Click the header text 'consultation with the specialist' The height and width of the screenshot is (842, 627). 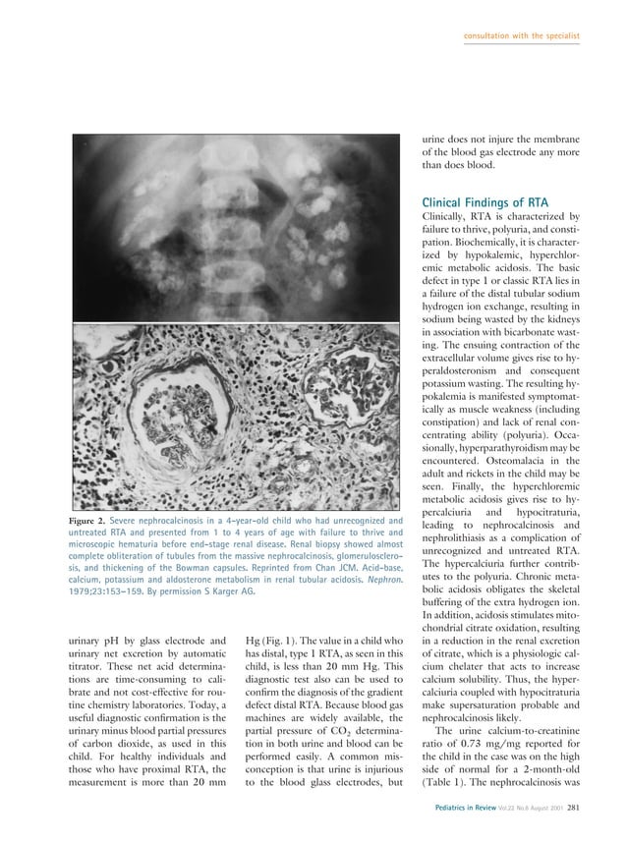(521, 36)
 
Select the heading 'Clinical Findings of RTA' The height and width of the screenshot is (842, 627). (490, 202)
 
